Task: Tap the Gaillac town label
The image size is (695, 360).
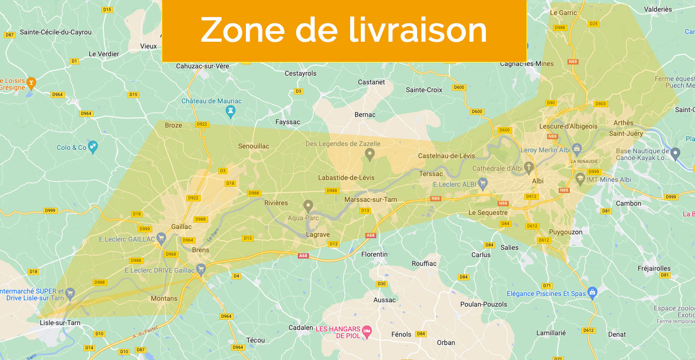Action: pos(181,227)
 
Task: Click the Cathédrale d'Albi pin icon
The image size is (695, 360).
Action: pos(529,168)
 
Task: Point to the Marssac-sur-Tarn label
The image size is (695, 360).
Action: pos(371,199)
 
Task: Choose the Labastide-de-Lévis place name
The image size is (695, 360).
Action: pos(346,178)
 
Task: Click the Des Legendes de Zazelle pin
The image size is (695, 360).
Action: pos(370,155)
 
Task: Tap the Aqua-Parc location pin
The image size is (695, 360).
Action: pos(308,206)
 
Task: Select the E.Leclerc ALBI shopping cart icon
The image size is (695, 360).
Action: pos(482,183)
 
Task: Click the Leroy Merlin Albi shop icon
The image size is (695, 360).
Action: pos(577,148)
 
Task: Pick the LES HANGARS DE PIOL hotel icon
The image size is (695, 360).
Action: pos(367,330)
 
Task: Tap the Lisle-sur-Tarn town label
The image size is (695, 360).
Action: pos(60,323)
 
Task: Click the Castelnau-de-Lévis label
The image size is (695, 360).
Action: pos(447,156)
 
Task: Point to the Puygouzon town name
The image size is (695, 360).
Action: pos(566,232)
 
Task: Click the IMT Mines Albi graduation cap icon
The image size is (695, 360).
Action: pos(580,179)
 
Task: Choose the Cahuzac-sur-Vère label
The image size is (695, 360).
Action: pos(202,65)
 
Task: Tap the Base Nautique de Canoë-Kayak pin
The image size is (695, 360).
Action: pos(676,153)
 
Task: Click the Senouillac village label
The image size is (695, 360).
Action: pos(253,146)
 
